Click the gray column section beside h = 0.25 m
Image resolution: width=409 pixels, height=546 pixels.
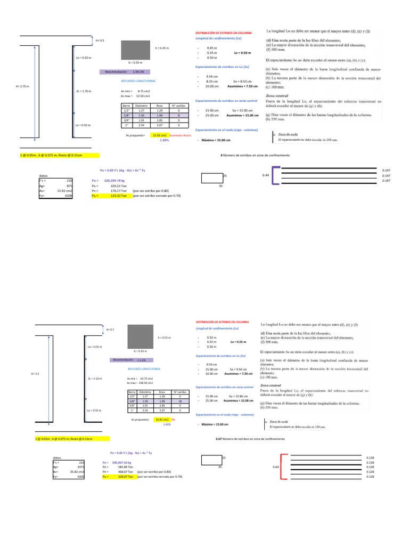[136, 49]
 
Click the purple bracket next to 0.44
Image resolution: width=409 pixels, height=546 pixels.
[276, 176]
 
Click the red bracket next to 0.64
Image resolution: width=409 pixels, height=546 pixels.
[283, 468]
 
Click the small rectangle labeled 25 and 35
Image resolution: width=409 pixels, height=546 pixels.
[211, 176]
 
